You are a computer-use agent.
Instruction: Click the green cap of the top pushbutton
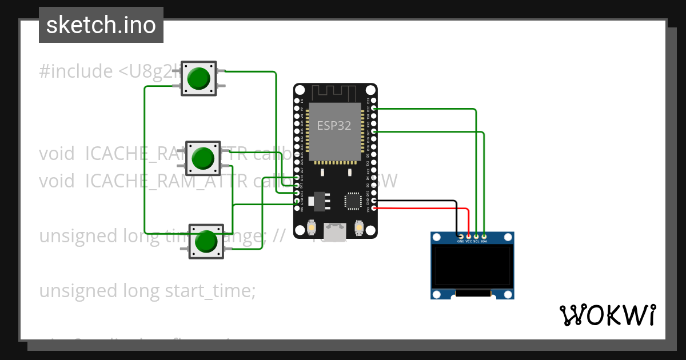198,78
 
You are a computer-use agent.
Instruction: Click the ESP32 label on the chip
334,126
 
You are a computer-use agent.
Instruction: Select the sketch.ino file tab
101,25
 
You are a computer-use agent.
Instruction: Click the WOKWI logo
607,315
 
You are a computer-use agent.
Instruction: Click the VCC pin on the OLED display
469,236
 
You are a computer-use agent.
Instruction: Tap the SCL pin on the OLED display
476,236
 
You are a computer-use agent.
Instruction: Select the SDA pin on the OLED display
484,236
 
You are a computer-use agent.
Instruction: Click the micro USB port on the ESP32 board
335,231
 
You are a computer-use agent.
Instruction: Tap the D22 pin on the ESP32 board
374,108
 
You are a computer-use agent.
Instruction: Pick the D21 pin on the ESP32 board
374,131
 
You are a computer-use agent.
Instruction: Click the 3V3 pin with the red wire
374,208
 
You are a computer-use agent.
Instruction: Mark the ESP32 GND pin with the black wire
374,201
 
